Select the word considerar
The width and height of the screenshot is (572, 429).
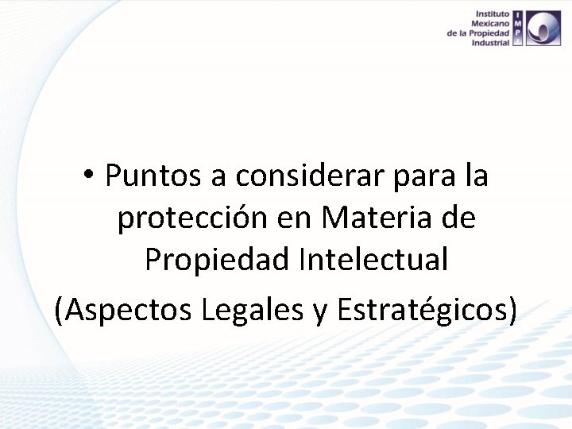tap(299, 176)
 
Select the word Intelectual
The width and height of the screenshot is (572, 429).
tap(373, 260)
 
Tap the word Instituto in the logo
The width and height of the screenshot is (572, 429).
tap(493, 14)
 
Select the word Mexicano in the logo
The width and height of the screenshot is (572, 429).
tap(490, 24)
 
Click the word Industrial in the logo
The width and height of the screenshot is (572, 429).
tap(490, 43)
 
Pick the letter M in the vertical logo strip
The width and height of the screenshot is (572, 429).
tap(517, 24)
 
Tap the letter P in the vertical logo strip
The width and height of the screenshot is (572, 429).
tap(517, 33)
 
